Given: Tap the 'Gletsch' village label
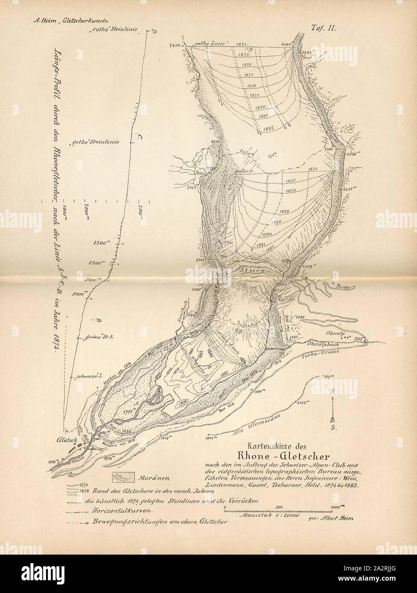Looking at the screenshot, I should point(64,438).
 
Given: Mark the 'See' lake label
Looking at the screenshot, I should point(198,174).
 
